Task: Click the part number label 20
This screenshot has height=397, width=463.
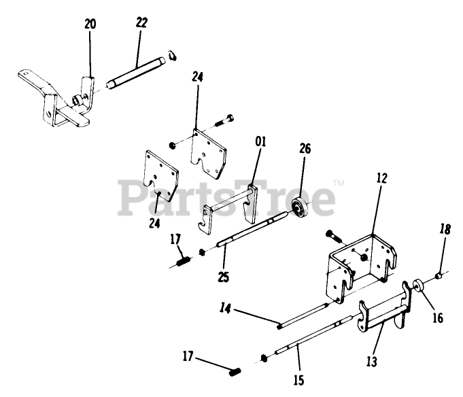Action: tap(90, 25)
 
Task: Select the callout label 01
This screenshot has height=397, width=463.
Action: tap(261, 142)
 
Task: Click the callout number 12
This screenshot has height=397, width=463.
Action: tap(382, 179)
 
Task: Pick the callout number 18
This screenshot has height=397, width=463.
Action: tap(444, 230)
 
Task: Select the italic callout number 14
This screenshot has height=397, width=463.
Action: tap(225, 309)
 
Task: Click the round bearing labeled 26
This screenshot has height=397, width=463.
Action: tap(300, 207)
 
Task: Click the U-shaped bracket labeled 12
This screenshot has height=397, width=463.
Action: tap(360, 265)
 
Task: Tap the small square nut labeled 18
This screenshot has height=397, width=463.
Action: tap(441, 276)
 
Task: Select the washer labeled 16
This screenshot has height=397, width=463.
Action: tap(419, 288)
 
